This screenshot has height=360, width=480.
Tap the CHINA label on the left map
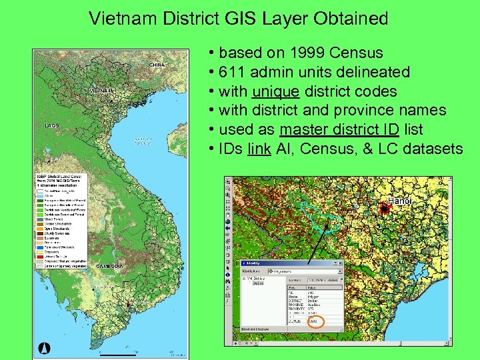[157, 65]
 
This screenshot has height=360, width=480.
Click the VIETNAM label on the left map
[103, 90]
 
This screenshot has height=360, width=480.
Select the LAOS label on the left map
[52, 125]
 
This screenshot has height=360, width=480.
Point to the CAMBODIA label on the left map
[111, 266]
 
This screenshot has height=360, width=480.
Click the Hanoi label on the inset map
[399, 201]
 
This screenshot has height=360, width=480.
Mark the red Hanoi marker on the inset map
[385, 209]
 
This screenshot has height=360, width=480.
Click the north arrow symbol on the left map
[45, 346]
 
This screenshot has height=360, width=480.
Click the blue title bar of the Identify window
[292, 263]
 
